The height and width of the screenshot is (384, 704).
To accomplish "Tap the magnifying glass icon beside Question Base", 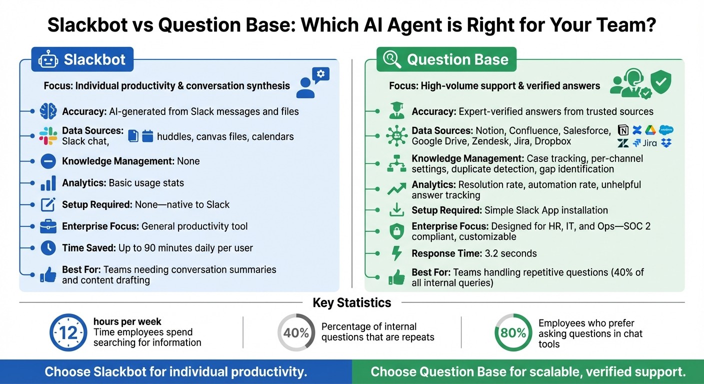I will point(391,60).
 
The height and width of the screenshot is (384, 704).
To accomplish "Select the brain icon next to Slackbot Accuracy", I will point(48,111).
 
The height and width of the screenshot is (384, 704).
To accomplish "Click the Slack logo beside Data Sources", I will point(48,135).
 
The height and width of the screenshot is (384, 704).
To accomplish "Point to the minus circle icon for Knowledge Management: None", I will point(48,161).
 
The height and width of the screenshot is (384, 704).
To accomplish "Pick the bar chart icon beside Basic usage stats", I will point(48,183).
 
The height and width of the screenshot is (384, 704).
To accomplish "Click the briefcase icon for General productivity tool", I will point(48,226).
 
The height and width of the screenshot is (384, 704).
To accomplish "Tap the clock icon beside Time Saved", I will point(48,247).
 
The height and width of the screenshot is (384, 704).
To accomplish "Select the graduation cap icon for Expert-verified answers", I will point(396,111).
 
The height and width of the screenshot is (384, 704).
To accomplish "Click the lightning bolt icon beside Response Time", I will point(396,253).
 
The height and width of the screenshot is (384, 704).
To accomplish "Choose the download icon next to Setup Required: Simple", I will point(396,210).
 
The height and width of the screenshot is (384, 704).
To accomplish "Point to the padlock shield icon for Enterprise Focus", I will point(396,231).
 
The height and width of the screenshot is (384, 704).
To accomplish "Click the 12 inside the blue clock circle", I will point(68,333).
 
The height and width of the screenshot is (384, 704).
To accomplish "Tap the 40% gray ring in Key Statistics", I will point(296,332).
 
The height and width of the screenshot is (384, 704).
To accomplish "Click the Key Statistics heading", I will point(351,302).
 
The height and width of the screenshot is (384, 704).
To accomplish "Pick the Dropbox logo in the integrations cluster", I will point(666,143).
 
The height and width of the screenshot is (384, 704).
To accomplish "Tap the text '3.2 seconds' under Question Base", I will point(510,253).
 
